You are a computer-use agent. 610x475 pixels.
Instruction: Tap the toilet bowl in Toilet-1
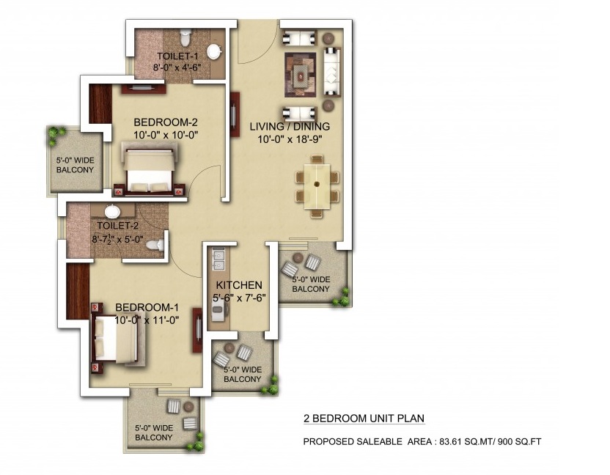coord(185,37)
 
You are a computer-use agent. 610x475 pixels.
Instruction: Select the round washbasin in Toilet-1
coord(214,52)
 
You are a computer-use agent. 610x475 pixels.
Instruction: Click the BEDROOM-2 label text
coord(166,122)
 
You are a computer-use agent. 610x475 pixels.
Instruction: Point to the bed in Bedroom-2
coord(149,169)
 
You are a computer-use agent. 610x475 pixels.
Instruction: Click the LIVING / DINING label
coord(290,126)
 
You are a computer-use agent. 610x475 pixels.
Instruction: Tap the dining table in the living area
coord(317,183)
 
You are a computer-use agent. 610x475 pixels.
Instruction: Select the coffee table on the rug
coord(300,76)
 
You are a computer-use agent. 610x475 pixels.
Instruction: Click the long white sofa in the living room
coord(331,71)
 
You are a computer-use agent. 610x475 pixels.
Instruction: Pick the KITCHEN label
coord(239,285)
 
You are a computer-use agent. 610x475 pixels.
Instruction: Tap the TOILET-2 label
coord(117,226)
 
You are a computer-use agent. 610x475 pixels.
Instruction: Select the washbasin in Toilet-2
coord(113,211)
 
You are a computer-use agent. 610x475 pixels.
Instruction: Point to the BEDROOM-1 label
coord(147,308)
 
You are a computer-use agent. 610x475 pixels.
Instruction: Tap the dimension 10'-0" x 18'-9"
coord(290,139)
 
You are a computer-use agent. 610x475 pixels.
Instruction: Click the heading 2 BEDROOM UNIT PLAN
coord(364,419)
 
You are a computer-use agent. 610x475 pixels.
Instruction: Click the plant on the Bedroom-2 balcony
coord(54,133)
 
